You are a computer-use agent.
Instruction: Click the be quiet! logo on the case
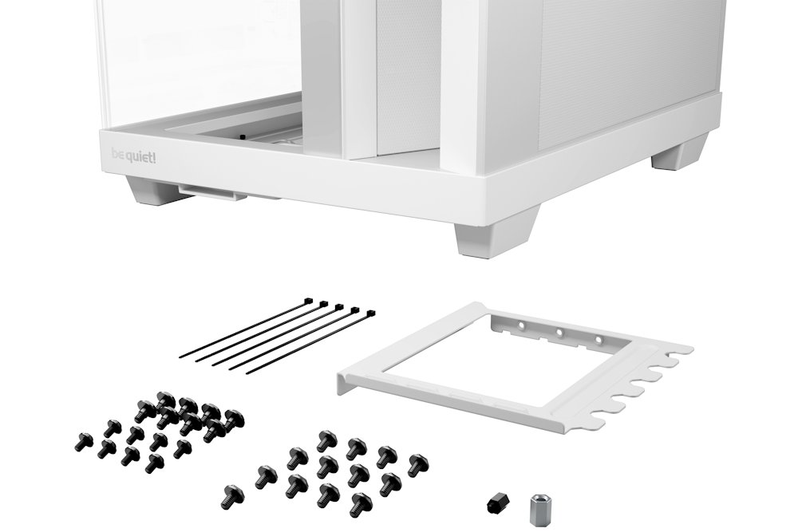[128, 156]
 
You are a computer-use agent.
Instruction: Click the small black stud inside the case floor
[240, 137]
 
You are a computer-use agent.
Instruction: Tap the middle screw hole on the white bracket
[559, 333]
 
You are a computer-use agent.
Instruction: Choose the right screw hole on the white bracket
[598, 340]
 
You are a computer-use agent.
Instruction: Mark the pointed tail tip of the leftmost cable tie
[181, 356]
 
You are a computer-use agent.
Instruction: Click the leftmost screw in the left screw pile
[83, 438]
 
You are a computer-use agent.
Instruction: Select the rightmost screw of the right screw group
[417, 464]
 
